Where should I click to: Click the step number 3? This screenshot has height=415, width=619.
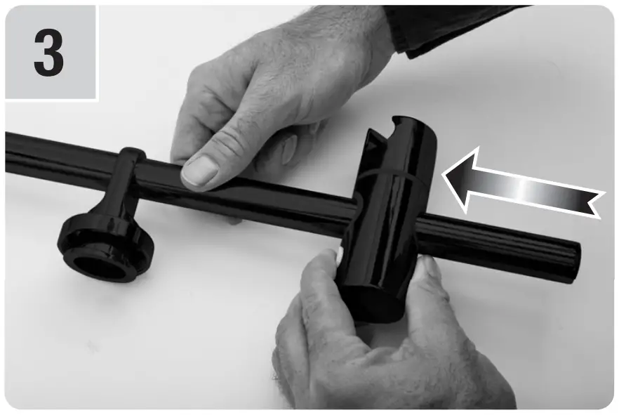(x=48, y=53)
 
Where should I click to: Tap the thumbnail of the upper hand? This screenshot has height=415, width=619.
(x=199, y=171)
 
